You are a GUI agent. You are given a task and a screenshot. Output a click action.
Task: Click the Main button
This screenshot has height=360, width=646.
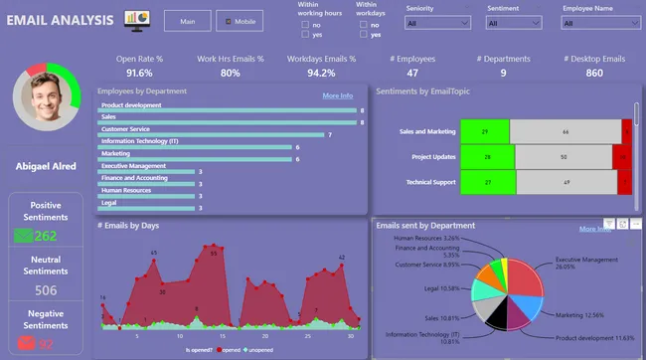(x=187, y=21)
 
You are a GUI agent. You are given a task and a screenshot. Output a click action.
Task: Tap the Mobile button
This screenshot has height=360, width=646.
(x=239, y=21)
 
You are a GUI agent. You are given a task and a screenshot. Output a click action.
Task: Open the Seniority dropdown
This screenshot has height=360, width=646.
(x=438, y=22)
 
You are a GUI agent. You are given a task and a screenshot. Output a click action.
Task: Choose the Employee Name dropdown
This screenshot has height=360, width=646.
(x=600, y=22)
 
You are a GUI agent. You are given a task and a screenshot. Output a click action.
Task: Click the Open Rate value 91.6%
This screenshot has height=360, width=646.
(x=139, y=73)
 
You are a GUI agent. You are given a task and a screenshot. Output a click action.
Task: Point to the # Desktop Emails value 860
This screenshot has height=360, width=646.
(x=593, y=73)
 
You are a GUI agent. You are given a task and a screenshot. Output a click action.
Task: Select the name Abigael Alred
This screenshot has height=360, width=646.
(x=46, y=166)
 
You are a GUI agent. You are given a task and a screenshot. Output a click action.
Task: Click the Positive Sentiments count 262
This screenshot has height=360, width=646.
(x=46, y=236)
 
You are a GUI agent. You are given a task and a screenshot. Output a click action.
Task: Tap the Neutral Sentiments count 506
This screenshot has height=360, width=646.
(x=46, y=290)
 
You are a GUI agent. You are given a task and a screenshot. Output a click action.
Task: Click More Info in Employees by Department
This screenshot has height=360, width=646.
(x=337, y=95)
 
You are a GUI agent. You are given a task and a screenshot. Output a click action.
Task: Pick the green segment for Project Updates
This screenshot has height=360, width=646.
(x=487, y=157)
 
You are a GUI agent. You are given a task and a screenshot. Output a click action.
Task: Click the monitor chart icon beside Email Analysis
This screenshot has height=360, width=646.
(x=136, y=19)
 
